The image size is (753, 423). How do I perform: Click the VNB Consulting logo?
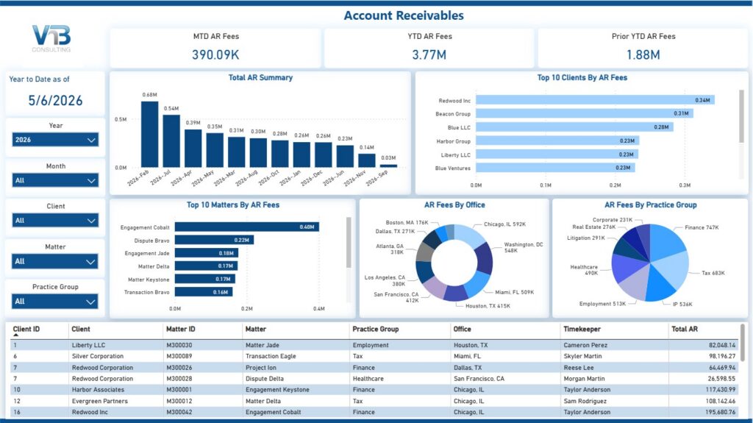tap(51, 38)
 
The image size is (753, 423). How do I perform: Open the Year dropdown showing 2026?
tap(55, 140)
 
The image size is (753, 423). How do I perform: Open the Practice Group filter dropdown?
tap(55, 302)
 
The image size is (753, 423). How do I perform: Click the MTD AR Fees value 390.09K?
tap(215, 54)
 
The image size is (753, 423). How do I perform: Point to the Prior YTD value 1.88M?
tap(643, 54)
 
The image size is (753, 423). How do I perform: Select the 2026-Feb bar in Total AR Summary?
tap(149, 134)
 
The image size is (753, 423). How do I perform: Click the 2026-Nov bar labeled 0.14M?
tap(367, 160)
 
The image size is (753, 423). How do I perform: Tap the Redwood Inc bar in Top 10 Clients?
tap(595, 100)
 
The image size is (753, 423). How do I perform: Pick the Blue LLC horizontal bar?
tap(574, 127)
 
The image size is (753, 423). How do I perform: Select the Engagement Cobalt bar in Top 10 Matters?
tap(247, 227)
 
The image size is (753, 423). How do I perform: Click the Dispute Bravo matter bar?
tap(214, 240)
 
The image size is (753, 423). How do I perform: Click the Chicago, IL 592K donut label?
tap(504, 224)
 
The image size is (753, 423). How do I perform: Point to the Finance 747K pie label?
tap(702, 227)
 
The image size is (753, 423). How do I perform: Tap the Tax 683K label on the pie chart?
tap(713, 273)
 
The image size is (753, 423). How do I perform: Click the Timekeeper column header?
tap(582, 330)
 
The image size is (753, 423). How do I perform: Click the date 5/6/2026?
tap(55, 101)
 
